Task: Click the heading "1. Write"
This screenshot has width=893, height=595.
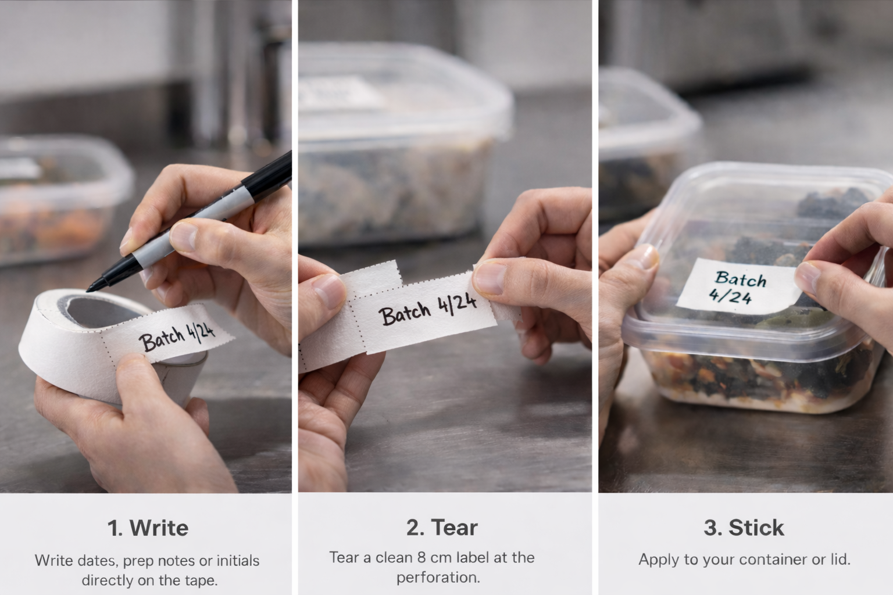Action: pos(148,528)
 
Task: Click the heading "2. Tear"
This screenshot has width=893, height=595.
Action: pos(442,527)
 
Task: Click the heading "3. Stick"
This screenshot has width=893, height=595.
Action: pos(744,527)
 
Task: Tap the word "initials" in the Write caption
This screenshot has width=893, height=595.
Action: pos(238,561)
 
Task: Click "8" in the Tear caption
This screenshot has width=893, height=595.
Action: pos(423,557)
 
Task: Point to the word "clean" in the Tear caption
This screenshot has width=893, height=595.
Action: pos(394,557)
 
